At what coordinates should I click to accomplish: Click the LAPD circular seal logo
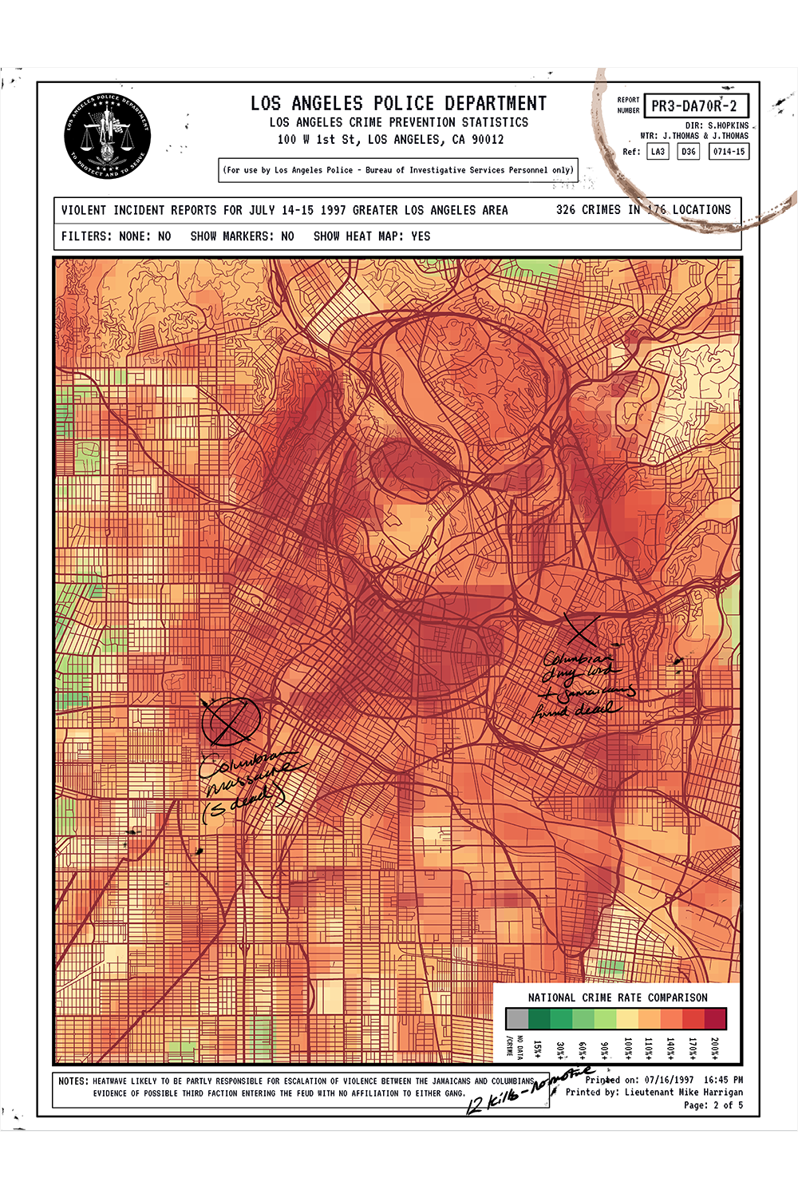pos(107,137)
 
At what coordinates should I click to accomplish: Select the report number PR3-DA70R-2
pos(694,105)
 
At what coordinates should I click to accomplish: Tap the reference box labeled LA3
pos(658,151)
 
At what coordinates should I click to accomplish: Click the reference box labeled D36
pos(688,151)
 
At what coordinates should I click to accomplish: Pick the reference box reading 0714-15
pos(729,151)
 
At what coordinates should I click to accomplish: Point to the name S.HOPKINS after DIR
pos(728,125)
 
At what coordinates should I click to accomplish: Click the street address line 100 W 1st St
pos(390,139)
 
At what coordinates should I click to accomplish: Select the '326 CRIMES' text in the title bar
pos(588,210)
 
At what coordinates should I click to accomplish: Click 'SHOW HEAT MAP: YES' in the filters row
pos(371,236)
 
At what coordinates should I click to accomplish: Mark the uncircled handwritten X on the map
pos(582,630)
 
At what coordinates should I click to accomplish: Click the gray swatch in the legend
pos(517,1018)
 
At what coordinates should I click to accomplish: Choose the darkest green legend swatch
pos(539,1018)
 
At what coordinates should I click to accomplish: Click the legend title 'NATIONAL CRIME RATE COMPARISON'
pos(617,998)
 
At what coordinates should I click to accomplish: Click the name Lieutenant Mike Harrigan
pos(683,1092)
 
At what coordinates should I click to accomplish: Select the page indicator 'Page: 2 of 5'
pos(713,1105)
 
